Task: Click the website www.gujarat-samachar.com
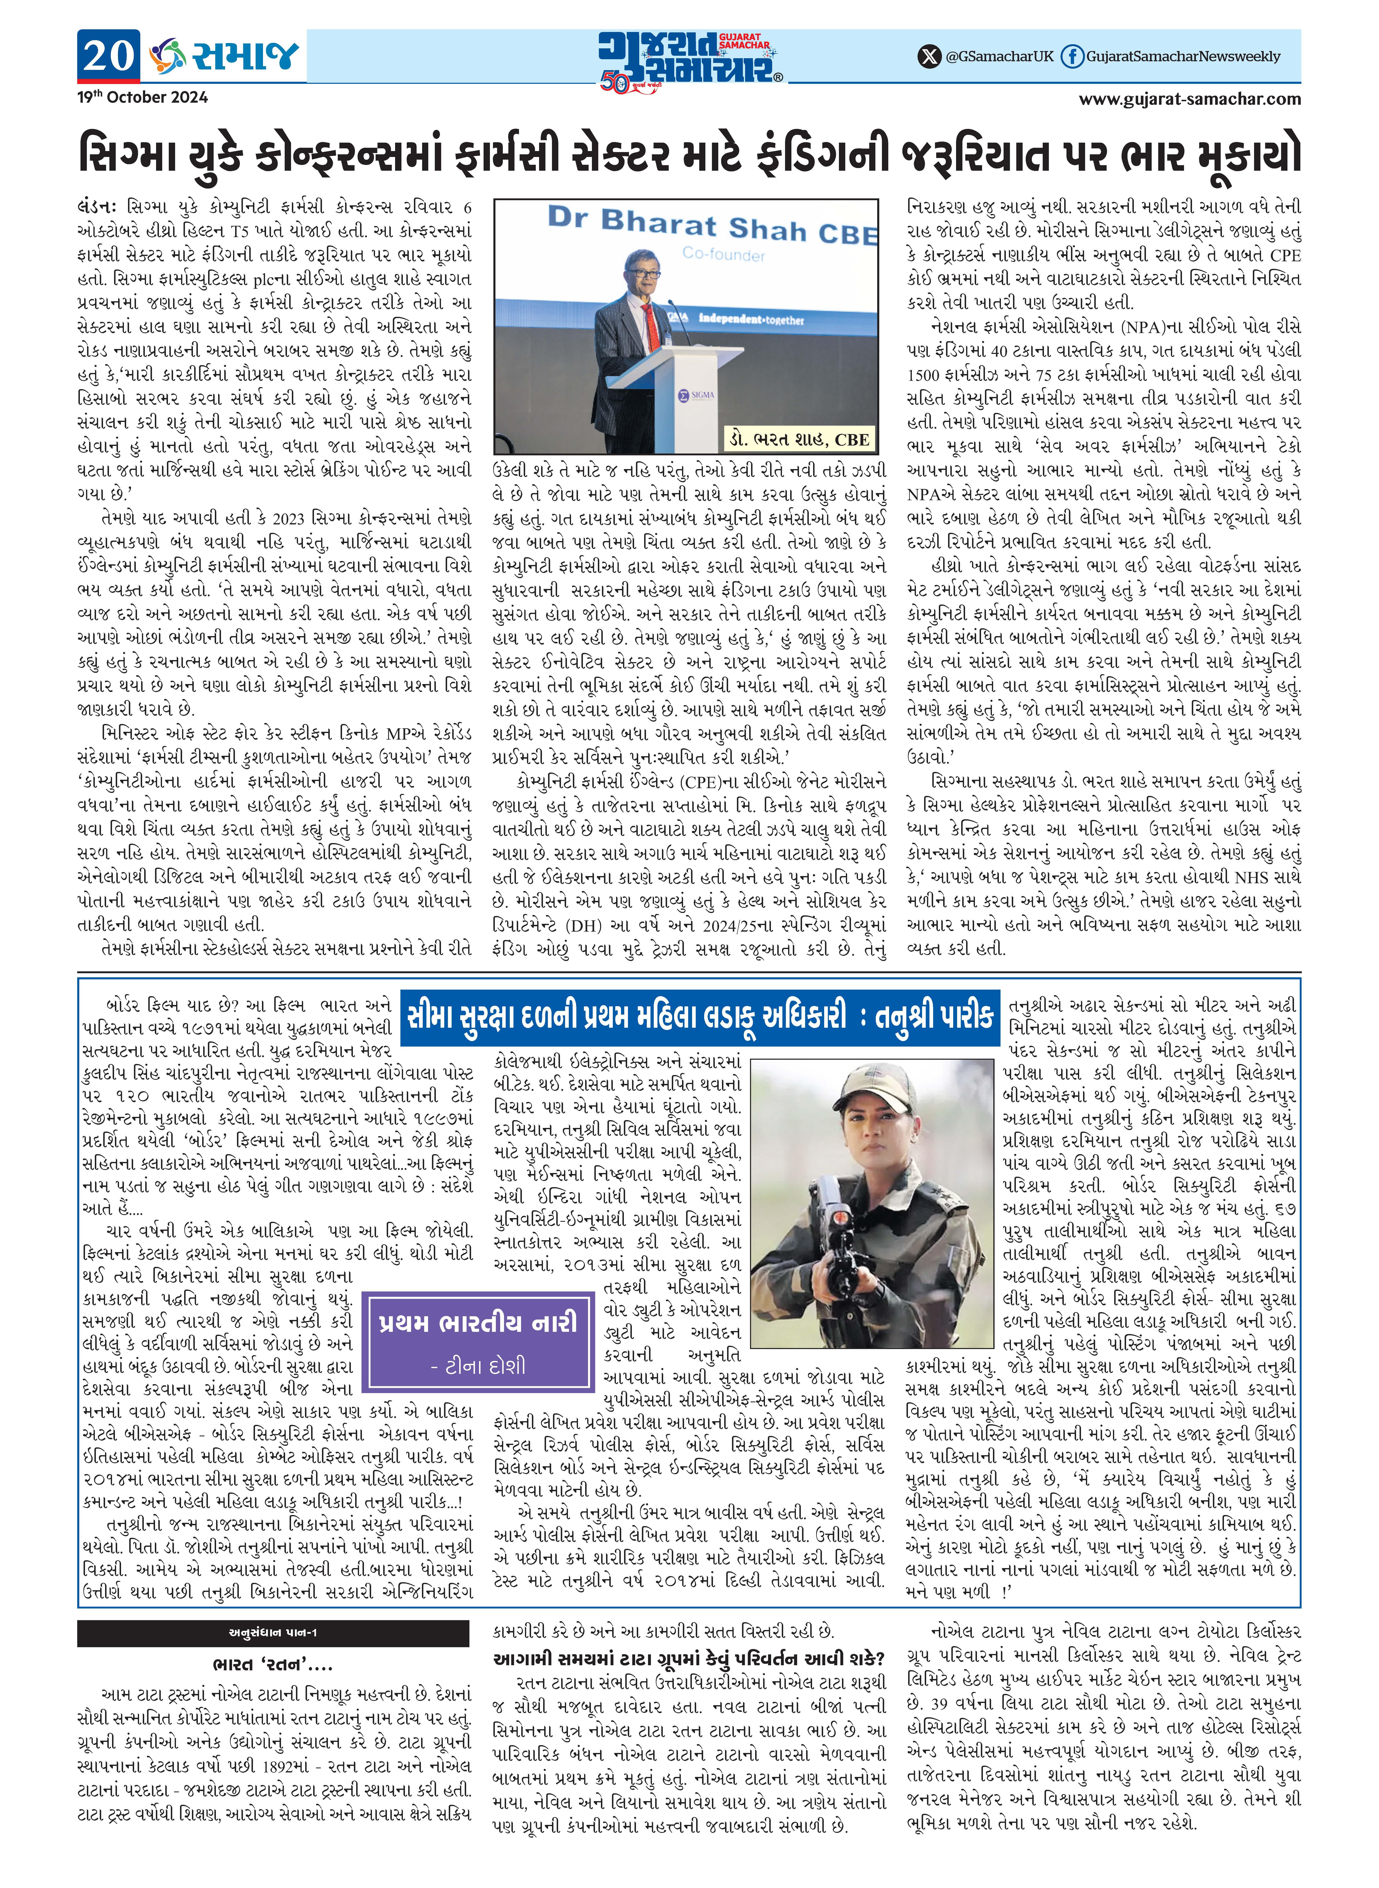point(1190,99)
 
